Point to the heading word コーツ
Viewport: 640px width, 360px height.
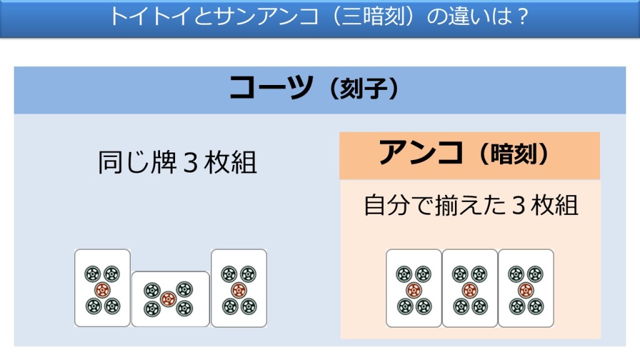[x=270, y=88]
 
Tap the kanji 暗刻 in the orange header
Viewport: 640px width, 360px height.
[x=516, y=155]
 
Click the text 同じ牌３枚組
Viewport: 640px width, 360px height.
[x=177, y=163]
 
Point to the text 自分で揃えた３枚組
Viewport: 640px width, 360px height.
[x=470, y=205]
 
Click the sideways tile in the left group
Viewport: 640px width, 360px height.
[x=170, y=299]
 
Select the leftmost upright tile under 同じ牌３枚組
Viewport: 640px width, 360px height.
[x=102, y=288]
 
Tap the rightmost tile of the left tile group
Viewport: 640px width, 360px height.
[x=239, y=288]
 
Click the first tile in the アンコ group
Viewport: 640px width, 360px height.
[x=413, y=288]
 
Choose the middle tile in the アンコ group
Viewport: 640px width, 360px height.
[x=469, y=288]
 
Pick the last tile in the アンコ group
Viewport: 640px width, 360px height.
[x=526, y=288]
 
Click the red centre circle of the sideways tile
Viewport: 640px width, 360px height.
[x=167, y=299]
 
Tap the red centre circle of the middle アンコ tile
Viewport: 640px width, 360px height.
[x=469, y=290]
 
